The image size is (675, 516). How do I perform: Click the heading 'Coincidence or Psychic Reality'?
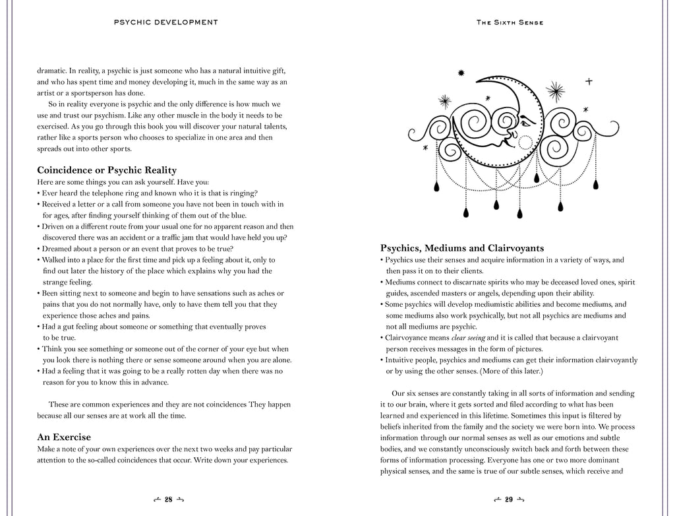coord(107,170)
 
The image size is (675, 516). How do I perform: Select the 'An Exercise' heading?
coord(64,437)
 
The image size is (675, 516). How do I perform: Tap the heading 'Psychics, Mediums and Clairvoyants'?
coord(462,248)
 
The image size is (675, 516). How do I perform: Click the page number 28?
coord(168,500)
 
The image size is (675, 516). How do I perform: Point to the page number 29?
coord(508,500)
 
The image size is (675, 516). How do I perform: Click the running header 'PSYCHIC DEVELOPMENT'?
coord(166,22)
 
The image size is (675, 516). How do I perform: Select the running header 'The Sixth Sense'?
coord(509,22)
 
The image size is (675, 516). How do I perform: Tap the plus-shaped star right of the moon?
coord(589,81)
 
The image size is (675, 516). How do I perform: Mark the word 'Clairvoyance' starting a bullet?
coord(409,338)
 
